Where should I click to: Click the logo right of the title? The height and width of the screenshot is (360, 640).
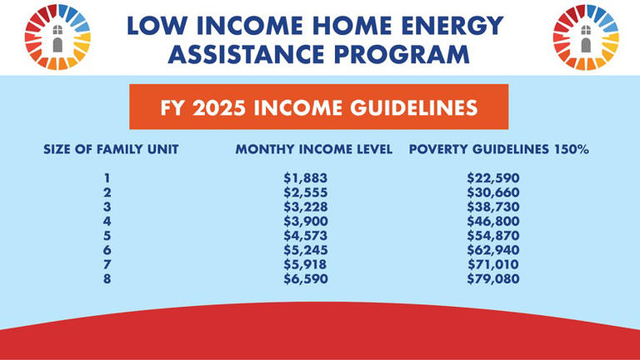(x=585, y=37)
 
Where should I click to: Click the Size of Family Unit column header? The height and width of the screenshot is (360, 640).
(x=111, y=150)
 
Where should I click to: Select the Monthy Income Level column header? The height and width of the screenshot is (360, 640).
(x=313, y=150)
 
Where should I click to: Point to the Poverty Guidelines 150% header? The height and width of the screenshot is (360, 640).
(x=498, y=150)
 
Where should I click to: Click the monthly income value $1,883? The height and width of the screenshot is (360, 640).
(x=306, y=177)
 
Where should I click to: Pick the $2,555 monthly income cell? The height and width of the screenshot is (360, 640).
(x=306, y=192)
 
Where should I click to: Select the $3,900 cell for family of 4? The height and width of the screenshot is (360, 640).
(x=306, y=221)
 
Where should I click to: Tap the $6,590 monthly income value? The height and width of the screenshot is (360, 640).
(x=306, y=278)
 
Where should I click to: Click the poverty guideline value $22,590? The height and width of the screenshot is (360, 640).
(x=492, y=177)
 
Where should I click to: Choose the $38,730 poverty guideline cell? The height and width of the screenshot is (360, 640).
(x=492, y=207)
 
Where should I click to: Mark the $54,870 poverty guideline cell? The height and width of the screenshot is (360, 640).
(x=492, y=235)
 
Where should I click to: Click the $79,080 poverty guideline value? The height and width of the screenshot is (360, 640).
(x=492, y=278)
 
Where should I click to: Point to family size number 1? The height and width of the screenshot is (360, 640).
(x=107, y=177)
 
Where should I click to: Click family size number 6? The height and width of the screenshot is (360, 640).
(x=107, y=249)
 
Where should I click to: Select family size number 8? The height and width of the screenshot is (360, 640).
(x=107, y=278)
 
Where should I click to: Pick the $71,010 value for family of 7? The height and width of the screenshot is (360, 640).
(x=492, y=264)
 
